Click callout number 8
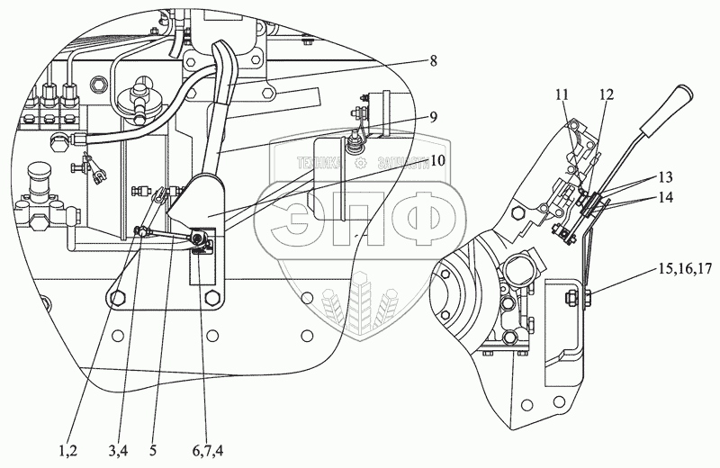tap(434, 61)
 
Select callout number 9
tap(434, 116)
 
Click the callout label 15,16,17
tap(685, 269)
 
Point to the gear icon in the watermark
tap(361, 164)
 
